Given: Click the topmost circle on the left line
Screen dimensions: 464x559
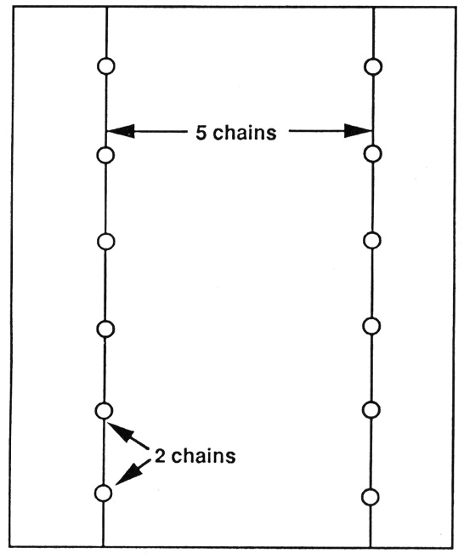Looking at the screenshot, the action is [x=106, y=66].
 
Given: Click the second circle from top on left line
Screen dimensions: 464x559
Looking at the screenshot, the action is [x=105, y=155].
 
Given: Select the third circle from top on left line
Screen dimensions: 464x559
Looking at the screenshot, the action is [x=105, y=242].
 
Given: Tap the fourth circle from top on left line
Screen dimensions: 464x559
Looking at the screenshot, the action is [x=105, y=328].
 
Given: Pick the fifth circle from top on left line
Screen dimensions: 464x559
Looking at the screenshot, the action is [x=104, y=411].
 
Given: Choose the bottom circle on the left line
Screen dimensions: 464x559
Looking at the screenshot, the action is [x=104, y=493].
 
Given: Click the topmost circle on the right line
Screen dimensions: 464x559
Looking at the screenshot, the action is [x=373, y=66].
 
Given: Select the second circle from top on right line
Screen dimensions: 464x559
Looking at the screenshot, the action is [x=372, y=154].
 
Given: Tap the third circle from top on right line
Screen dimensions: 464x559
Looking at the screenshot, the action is [x=372, y=241].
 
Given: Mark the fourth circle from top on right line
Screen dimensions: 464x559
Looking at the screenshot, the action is [x=371, y=326].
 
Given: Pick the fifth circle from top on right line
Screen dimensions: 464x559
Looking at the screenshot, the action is [x=371, y=409].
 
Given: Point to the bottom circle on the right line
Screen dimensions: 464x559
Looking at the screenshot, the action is [x=371, y=497].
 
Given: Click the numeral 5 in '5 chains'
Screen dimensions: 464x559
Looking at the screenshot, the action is [x=201, y=133].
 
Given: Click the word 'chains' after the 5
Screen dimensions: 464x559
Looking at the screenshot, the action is [x=245, y=132].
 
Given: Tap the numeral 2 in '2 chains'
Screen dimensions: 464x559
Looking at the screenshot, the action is [x=161, y=455].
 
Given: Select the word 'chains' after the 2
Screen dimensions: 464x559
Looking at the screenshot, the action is [x=203, y=455].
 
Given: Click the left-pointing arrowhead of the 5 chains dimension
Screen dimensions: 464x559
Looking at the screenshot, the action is [x=121, y=131].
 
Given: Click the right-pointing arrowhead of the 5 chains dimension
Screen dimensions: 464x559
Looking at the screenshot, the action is [x=359, y=131].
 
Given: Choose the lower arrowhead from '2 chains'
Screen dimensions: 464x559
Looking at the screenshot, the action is [x=129, y=473].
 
